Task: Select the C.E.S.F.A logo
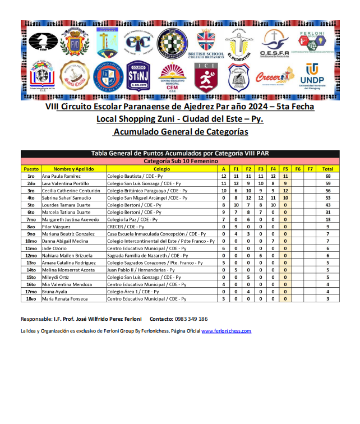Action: pos(274,43)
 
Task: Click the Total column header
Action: pos(327,169)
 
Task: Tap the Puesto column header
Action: pos(31,169)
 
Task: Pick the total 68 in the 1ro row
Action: pos(327,176)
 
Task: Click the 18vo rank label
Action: pos(31,299)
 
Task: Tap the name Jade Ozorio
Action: pos(54,248)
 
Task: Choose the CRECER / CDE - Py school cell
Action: pos(126,227)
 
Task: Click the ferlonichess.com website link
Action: pos(226,331)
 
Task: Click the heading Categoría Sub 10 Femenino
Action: pos(180,162)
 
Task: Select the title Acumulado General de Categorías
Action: pos(180,132)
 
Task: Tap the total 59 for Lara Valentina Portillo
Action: pos(327,183)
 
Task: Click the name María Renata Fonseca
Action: pos(64,299)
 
